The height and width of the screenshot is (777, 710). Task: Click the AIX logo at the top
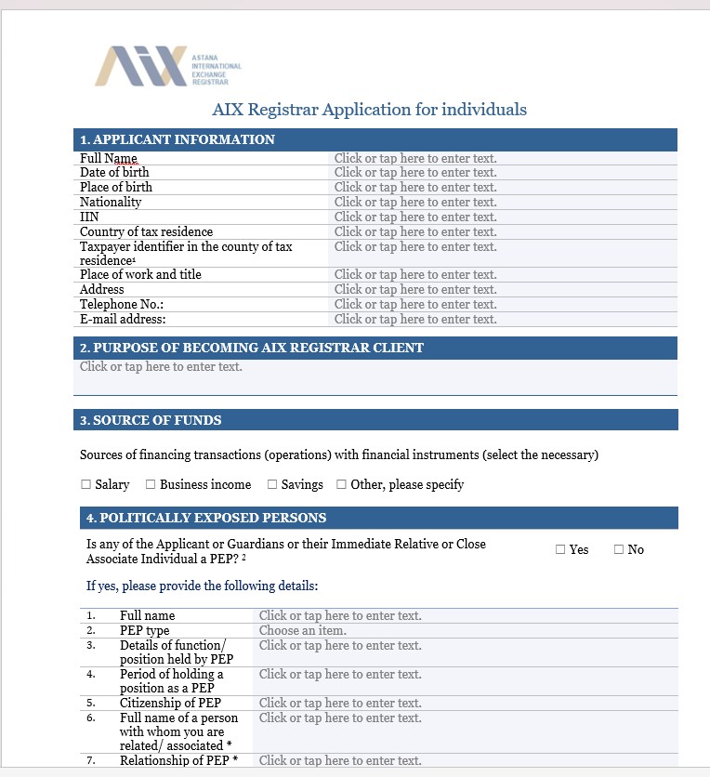pyautogui.click(x=167, y=66)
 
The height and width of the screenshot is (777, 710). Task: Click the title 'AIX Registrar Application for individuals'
pyautogui.click(x=369, y=110)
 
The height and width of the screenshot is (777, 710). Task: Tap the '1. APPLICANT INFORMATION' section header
pyautogui.click(x=177, y=139)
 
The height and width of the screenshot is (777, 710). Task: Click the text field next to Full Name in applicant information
pyautogui.click(x=415, y=158)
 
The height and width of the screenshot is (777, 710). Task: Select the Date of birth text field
pyautogui.click(x=415, y=172)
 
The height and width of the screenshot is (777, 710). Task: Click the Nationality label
pyautogui.click(x=111, y=202)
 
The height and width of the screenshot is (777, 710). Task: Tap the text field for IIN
pyautogui.click(x=415, y=217)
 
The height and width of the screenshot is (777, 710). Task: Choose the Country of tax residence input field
pyautogui.click(x=415, y=231)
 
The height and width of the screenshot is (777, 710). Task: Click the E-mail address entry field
pyautogui.click(x=415, y=319)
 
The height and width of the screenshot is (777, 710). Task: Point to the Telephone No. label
pyautogui.click(x=122, y=304)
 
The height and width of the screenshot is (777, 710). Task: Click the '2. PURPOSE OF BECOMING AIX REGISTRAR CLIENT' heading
pyautogui.click(x=252, y=348)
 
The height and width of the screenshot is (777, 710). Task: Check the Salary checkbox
pyautogui.click(x=86, y=484)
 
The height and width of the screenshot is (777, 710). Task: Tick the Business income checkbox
pyautogui.click(x=151, y=484)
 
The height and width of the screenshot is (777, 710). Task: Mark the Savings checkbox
pyautogui.click(x=272, y=484)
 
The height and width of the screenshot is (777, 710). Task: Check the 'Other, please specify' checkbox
pyautogui.click(x=342, y=484)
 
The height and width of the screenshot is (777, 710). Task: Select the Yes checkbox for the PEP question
pyautogui.click(x=560, y=549)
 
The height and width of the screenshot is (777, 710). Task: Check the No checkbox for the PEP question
pyautogui.click(x=619, y=549)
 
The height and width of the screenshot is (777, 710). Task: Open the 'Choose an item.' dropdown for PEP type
pyautogui.click(x=302, y=630)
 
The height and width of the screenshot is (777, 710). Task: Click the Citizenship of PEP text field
pyautogui.click(x=340, y=703)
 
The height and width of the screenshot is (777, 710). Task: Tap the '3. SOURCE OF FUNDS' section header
pyautogui.click(x=151, y=420)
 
